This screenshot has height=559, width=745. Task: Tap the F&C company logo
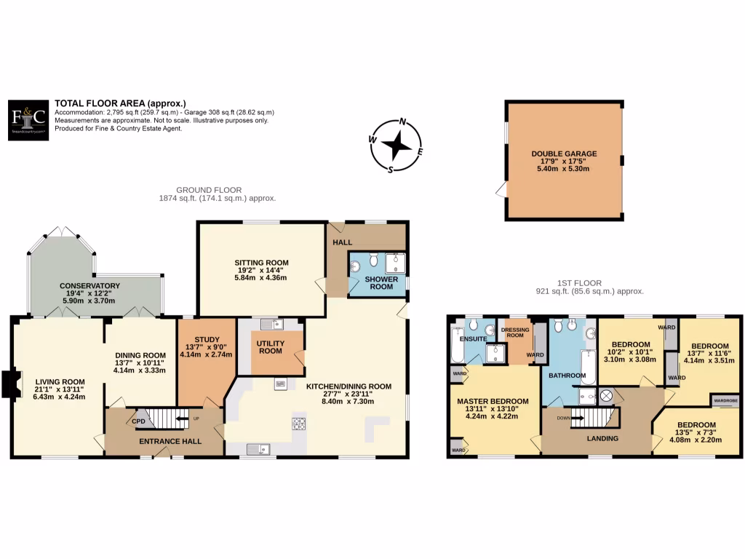coord(30,119)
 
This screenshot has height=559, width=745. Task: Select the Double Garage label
coord(564,154)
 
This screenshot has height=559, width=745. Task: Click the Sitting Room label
coord(261,263)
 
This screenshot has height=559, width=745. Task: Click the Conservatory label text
coord(90,285)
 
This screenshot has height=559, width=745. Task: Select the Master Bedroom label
coord(493,401)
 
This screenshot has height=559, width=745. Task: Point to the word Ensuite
coord(473,338)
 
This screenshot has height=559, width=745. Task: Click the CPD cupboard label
coord(138,420)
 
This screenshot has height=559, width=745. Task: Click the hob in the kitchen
coord(298,423)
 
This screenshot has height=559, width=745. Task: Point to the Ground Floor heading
coord(218,190)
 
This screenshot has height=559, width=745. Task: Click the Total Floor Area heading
coord(120,103)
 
